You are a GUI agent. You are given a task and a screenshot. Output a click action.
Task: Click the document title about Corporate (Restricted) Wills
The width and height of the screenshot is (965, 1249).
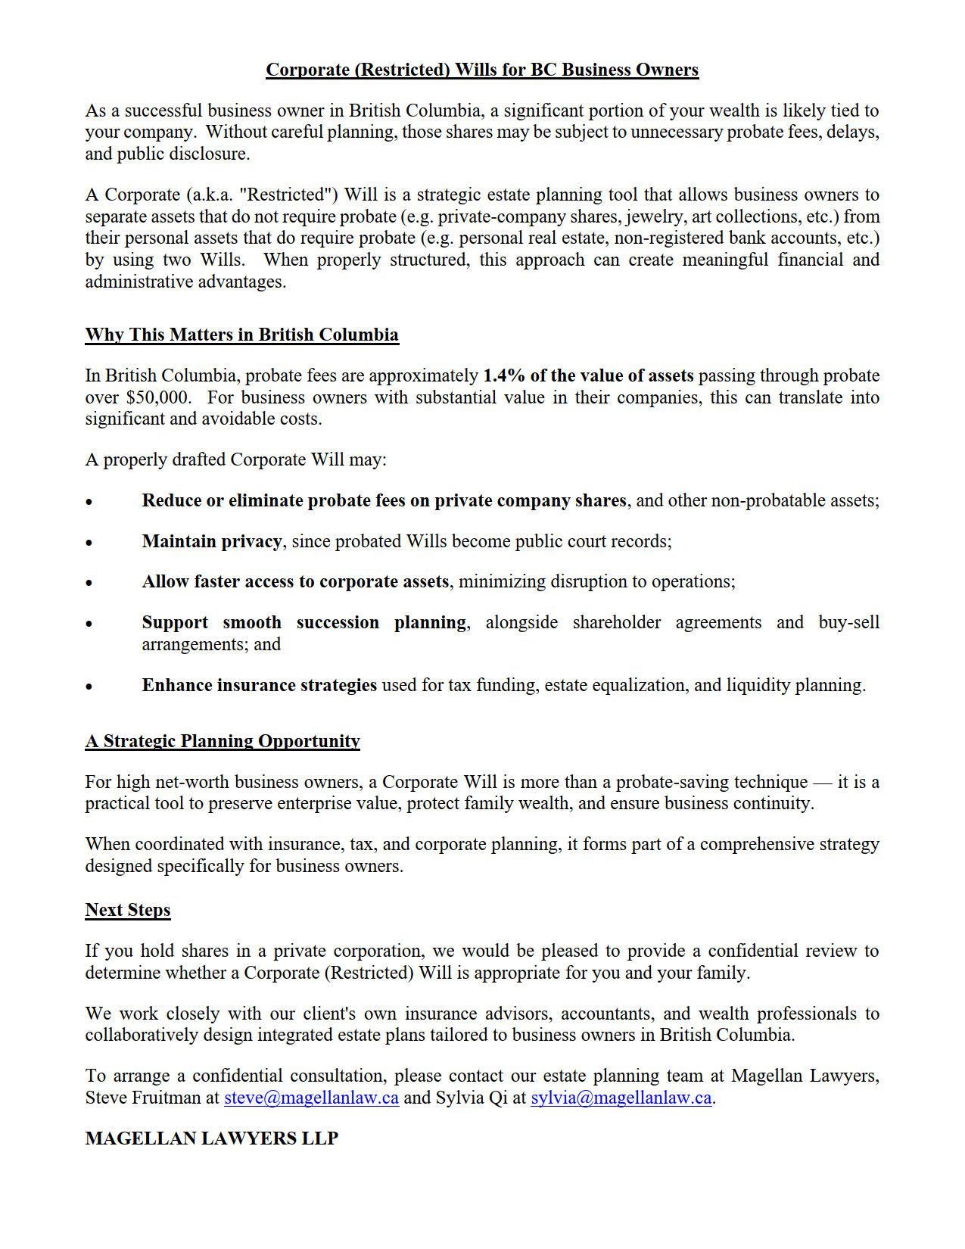[x=481, y=70]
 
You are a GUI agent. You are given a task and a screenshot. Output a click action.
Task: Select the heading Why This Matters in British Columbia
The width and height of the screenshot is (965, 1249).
[x=241, y=335]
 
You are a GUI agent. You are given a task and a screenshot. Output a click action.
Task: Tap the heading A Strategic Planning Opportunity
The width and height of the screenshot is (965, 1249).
[x=222, y=741]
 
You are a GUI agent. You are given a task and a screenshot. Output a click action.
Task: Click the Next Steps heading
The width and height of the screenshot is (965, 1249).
[x=127, y=910]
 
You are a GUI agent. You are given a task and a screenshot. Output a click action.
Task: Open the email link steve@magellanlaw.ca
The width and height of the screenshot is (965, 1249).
[x=311, y=1098]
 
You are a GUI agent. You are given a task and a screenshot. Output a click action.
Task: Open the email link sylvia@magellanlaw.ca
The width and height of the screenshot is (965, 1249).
[x=621, y=1098]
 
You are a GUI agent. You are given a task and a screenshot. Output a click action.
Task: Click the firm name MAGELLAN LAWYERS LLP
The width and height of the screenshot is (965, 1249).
[x=211, y=1138]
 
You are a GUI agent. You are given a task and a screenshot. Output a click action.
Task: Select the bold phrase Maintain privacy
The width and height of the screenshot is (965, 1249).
[x=211, y=541]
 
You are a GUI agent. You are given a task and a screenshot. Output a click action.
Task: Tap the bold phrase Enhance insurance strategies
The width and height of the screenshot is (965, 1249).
[x=259, y=685]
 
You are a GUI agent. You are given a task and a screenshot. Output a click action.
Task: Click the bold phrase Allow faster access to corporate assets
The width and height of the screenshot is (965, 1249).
[x=294, y=581]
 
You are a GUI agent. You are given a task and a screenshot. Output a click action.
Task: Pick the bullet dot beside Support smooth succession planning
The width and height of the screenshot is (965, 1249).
[x=89, y=624]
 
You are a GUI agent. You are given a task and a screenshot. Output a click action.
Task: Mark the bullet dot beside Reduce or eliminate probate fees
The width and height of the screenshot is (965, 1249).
[x=89, y=502]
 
